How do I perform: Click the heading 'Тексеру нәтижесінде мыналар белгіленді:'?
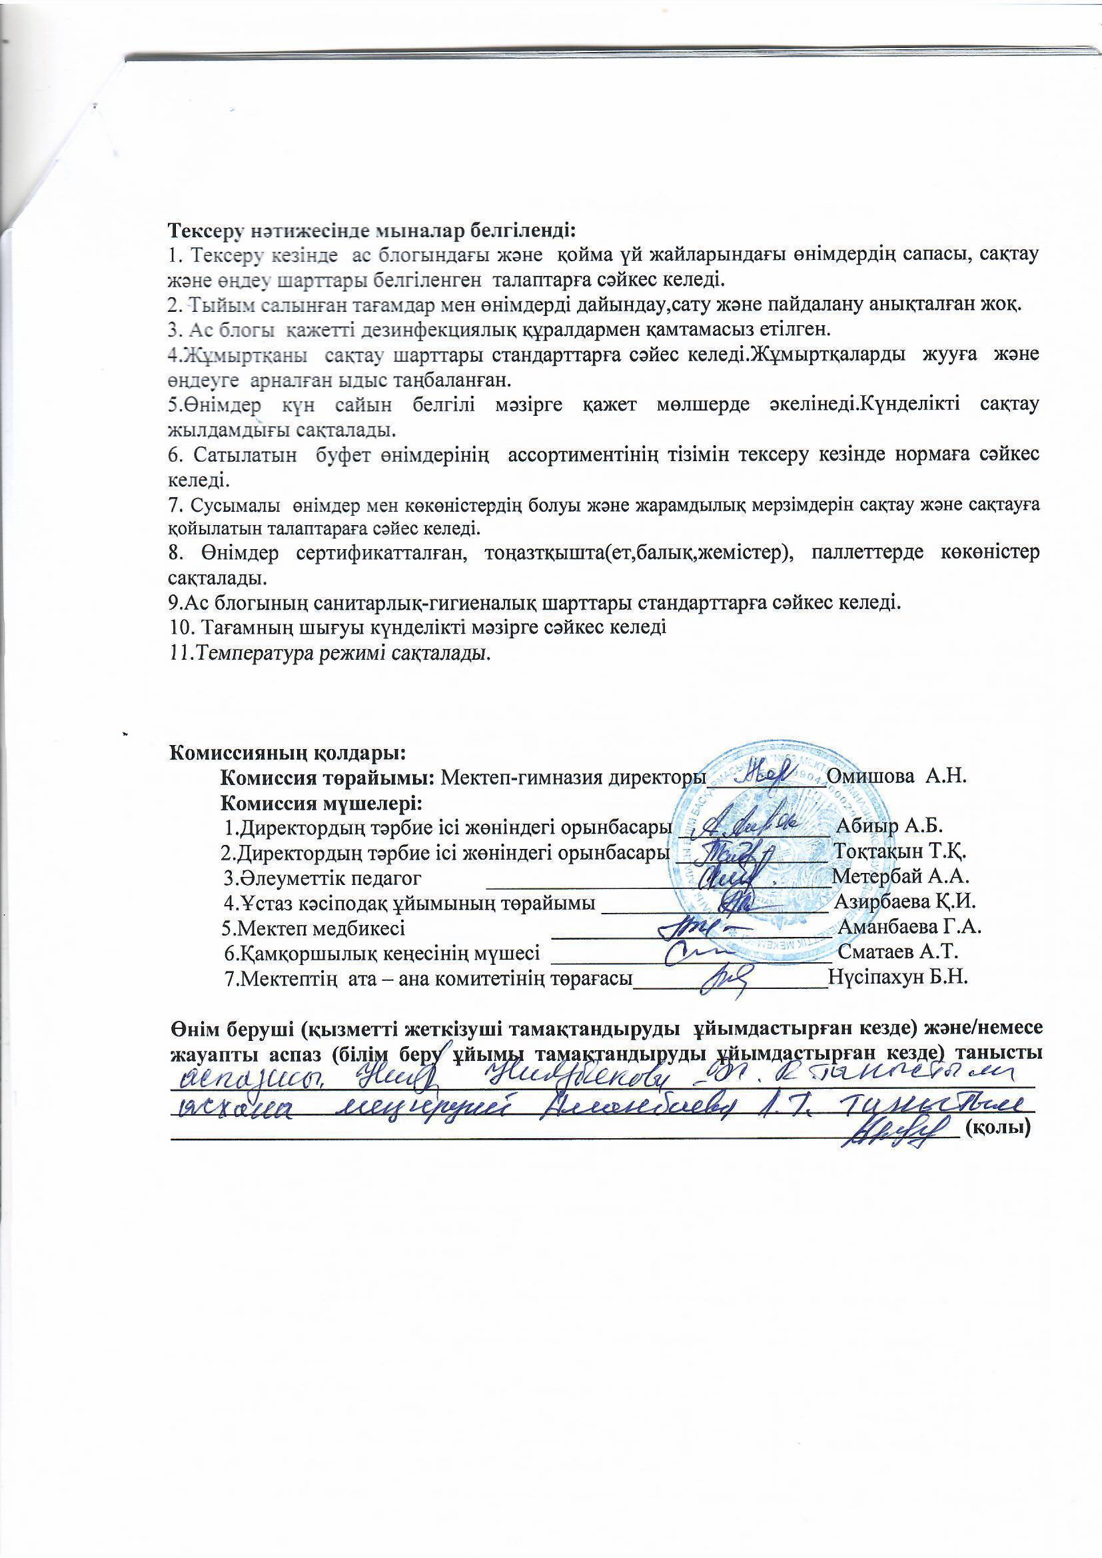(371, 230)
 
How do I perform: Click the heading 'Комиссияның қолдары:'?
(287, 752)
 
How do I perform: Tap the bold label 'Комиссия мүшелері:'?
(321, 803)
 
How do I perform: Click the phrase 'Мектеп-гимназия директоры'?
(570, 776)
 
